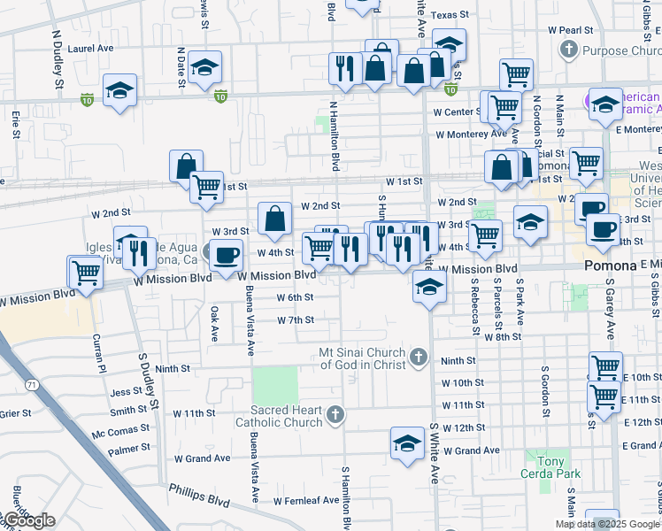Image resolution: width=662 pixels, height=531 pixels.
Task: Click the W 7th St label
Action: [295, 319]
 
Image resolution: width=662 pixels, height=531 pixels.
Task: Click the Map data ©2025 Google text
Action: [606, 524]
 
